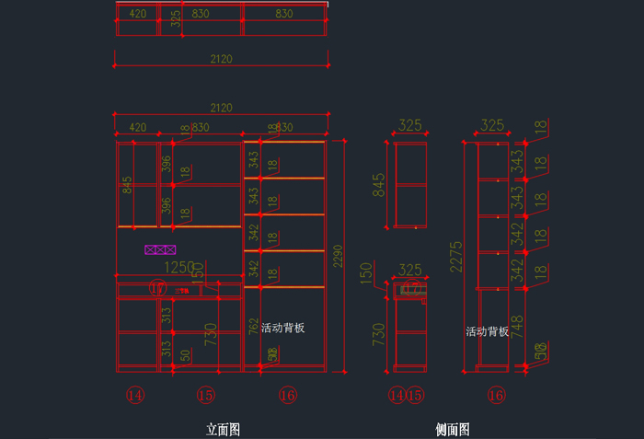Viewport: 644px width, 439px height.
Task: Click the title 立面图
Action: pos(223,430)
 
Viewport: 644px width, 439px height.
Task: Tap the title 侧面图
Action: pos(453,430)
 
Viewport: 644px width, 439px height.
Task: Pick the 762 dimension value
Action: pos(253,327)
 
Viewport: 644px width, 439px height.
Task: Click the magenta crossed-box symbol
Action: pos(160,249)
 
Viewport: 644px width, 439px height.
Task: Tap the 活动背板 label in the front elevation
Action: pos(282,328)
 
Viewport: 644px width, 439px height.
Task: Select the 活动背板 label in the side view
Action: pos(487,331)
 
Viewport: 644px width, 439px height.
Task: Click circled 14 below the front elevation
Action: pos(136,396)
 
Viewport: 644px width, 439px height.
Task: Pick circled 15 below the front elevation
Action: pos(205,396)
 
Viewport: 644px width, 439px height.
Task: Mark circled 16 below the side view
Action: pos(497,396)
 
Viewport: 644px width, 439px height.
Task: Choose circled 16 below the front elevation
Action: pos(287,396)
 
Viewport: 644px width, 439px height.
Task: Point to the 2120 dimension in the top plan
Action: pos(221,59)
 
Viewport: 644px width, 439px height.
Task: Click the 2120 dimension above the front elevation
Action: pos(221,109)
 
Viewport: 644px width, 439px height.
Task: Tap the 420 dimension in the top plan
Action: pos(137,14)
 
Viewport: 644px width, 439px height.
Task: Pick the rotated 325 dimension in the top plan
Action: pos(175,19)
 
